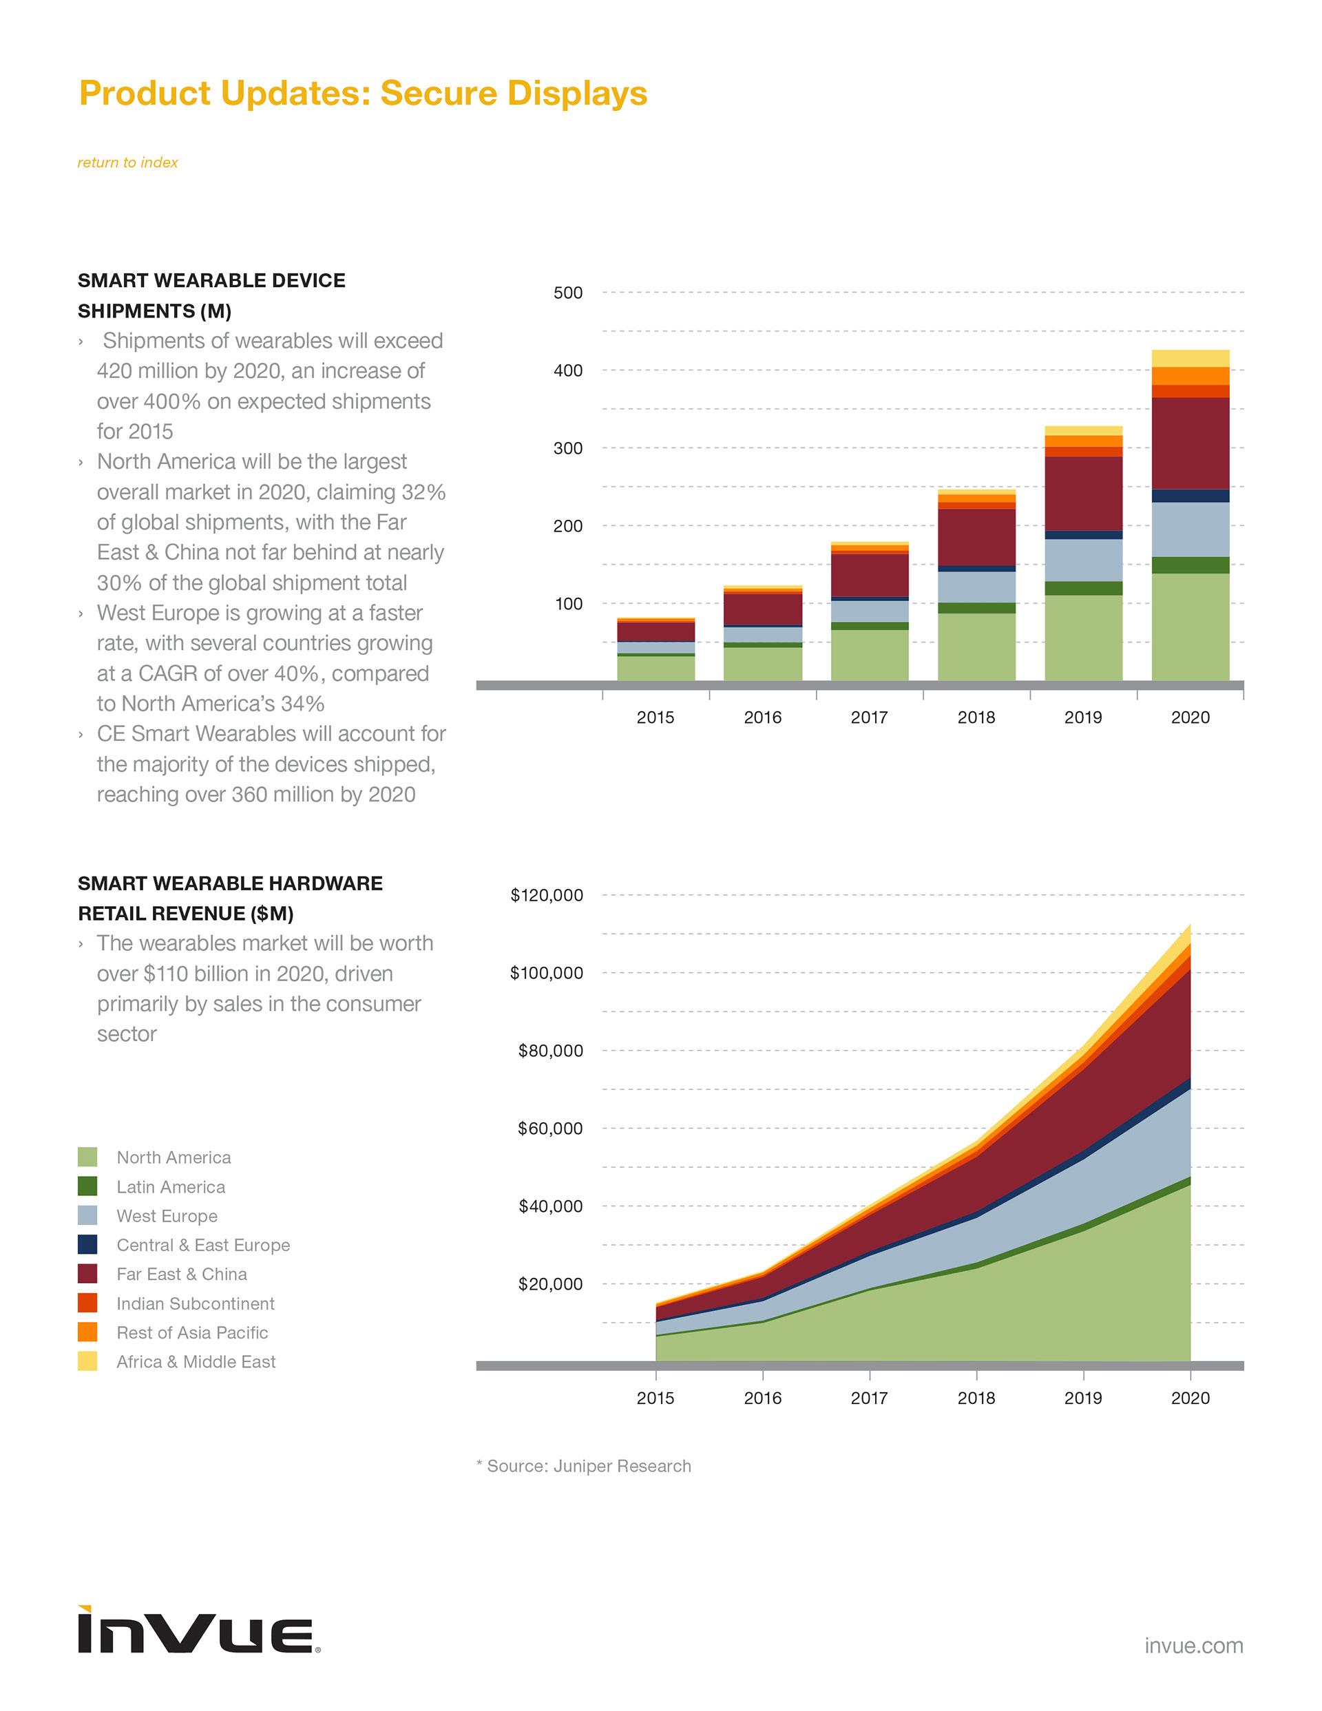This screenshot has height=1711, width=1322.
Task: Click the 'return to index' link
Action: pyautogui.click(x=127, y=162)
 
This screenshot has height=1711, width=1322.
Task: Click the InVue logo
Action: pyautogui.click(x=198, y=1630)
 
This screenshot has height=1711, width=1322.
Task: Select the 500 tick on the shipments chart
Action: pyautogui.click(x=567, y=293)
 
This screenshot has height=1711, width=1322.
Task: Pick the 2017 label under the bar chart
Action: pyautogui.click(x=869, y=717)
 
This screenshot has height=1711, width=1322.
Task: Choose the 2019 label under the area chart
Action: pyautogui.click(x=1083, y=1398)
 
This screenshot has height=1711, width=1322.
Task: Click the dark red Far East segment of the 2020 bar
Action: pyautogui.click(x=1190, y=443)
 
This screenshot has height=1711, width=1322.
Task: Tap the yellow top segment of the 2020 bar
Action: pyautogui.click(x=1190, y=358)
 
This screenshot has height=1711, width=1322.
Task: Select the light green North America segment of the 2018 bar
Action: pyautogui.click(x=976, y=647)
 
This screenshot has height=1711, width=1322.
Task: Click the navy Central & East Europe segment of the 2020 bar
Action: pyautogui.click(x=1190, y=495)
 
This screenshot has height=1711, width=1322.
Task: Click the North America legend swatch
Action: pyautogui.click(x=87, y=1157)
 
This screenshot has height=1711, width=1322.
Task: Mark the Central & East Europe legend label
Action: pyautogui.click(x=203, y=1245)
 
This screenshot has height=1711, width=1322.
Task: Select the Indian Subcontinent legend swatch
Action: pyautogui.click(x=87, y=1303)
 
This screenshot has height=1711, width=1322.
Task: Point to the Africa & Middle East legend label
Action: pyautogui.click(x=196, y=1362)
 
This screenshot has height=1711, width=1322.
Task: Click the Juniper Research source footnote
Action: pyautogui.click(x=589, y=1466)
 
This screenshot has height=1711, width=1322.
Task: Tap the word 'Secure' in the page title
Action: pyautogui.click(x=438, y=93)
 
